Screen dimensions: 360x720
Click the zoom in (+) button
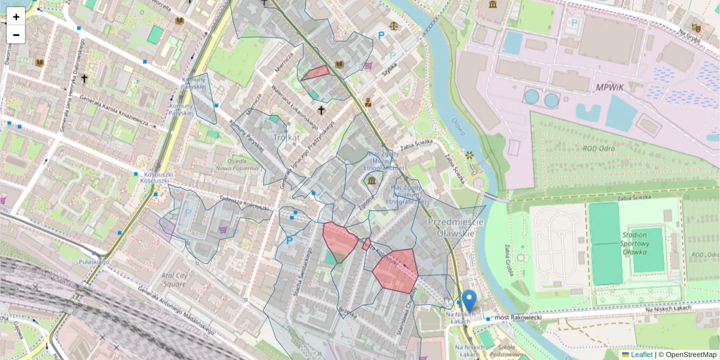tap(16, 17)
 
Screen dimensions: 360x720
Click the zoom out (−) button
tap(16, 35)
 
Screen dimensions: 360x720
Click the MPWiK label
tap(610, 88)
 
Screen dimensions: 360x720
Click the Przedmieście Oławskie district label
tap(456, 227)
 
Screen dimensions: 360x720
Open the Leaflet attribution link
tap(641, 355)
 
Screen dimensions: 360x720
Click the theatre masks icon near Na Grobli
tap(696, 28)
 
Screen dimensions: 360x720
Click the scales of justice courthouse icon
tap(394, 26)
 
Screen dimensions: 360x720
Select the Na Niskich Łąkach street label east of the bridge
tap(668, 308)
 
